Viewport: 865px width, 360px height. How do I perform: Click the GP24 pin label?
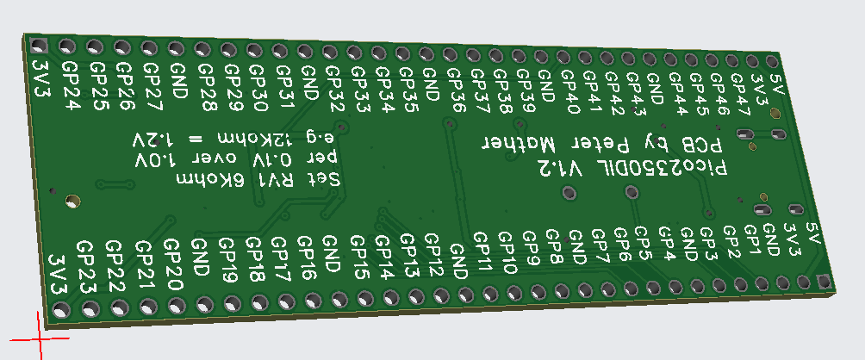click(x=72, y=85)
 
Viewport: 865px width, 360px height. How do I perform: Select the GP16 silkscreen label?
click(x=308, y=258)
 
